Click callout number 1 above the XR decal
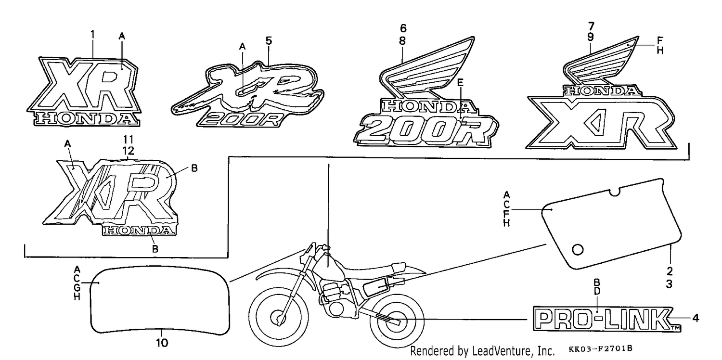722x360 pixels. pos(92,35)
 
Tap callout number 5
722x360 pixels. pos(269,40)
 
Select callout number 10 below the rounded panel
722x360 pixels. pos(162,343)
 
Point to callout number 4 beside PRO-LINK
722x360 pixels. pos(696,318)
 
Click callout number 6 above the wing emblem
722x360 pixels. pos(403,28)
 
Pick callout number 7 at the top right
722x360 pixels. pos(591,26)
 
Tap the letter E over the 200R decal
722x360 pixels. pos(460,82)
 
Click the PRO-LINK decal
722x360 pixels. pos(606,320)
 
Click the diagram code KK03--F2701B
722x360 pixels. pos(600,348)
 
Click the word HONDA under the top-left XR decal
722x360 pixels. pos(87,119)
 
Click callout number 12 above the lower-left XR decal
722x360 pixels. pos(128,151)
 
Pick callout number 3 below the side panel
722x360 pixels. pos(669,284)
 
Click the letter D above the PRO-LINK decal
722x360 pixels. pos(597,291)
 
